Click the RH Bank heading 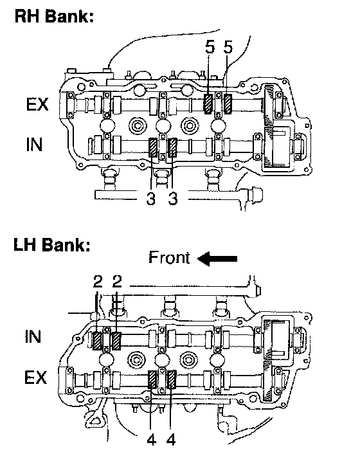(x=54, y=16)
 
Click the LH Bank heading (x=52, y=244)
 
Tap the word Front (x=169, y=257)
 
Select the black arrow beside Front (x=217, y=259)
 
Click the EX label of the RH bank (x=37, y=104)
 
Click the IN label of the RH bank (x=34, y=145)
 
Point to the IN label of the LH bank (x=33, y=336)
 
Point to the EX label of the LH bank (x=35, y=377)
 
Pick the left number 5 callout (x=210, y=47)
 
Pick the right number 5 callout (x=228, y=47)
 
